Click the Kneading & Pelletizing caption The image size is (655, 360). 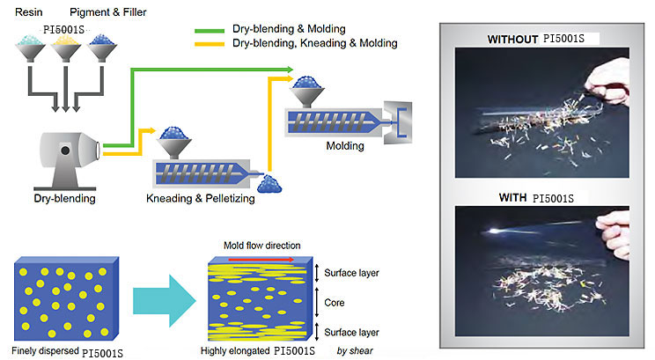(x=200, y=198)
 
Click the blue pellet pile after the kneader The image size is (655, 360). (x=271, y=182)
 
